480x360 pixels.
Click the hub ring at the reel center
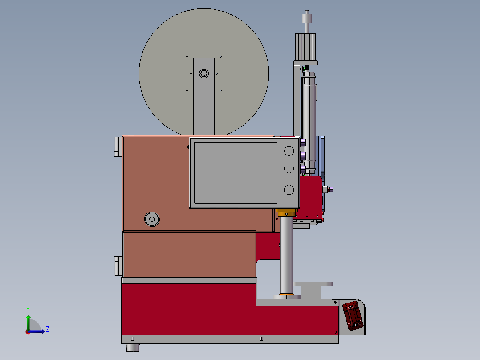point(204,74)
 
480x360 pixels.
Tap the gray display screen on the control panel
point(236,172)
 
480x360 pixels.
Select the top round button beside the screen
point(289,151)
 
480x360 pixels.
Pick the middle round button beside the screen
point(289,168)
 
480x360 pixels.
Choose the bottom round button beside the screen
point(289,190)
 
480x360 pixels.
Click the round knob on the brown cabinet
point(152,219)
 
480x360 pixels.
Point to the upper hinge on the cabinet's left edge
point(118,147)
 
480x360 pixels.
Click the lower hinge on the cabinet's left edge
point(118,266)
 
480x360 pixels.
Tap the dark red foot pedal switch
point(353,315)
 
